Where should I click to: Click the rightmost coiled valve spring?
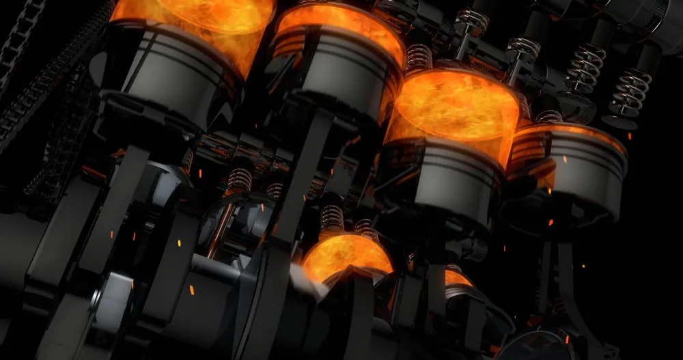coord(630,90)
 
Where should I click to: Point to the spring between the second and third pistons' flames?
coord(419,57)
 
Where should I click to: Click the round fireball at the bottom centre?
coord(347,256)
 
